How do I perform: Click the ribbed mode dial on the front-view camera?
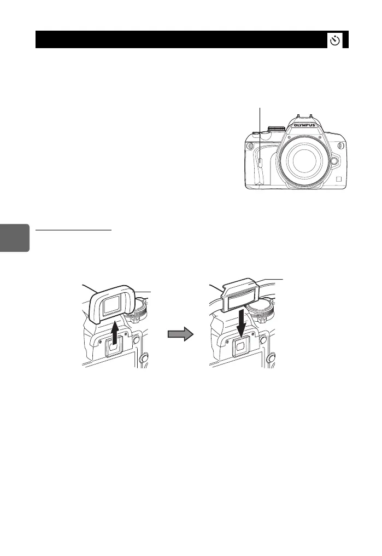[x=277, y=129]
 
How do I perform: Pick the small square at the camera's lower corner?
[x=339, y=181]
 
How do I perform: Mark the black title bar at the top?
[x=180, y=40]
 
